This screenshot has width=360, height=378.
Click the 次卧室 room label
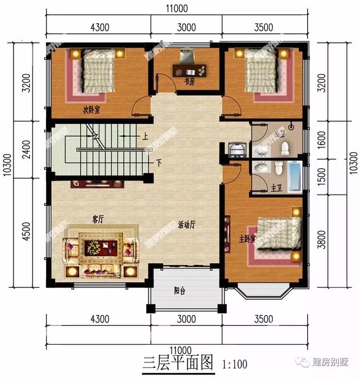coord(89,110)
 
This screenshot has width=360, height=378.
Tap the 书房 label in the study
coord(190,82)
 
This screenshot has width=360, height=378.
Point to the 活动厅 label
coord(186,225)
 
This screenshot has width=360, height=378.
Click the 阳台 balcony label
coord(180,291)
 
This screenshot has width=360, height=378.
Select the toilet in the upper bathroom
coord(285,148)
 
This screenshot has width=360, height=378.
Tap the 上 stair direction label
coord(145,137)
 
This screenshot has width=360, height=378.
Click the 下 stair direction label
coord(159,163)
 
